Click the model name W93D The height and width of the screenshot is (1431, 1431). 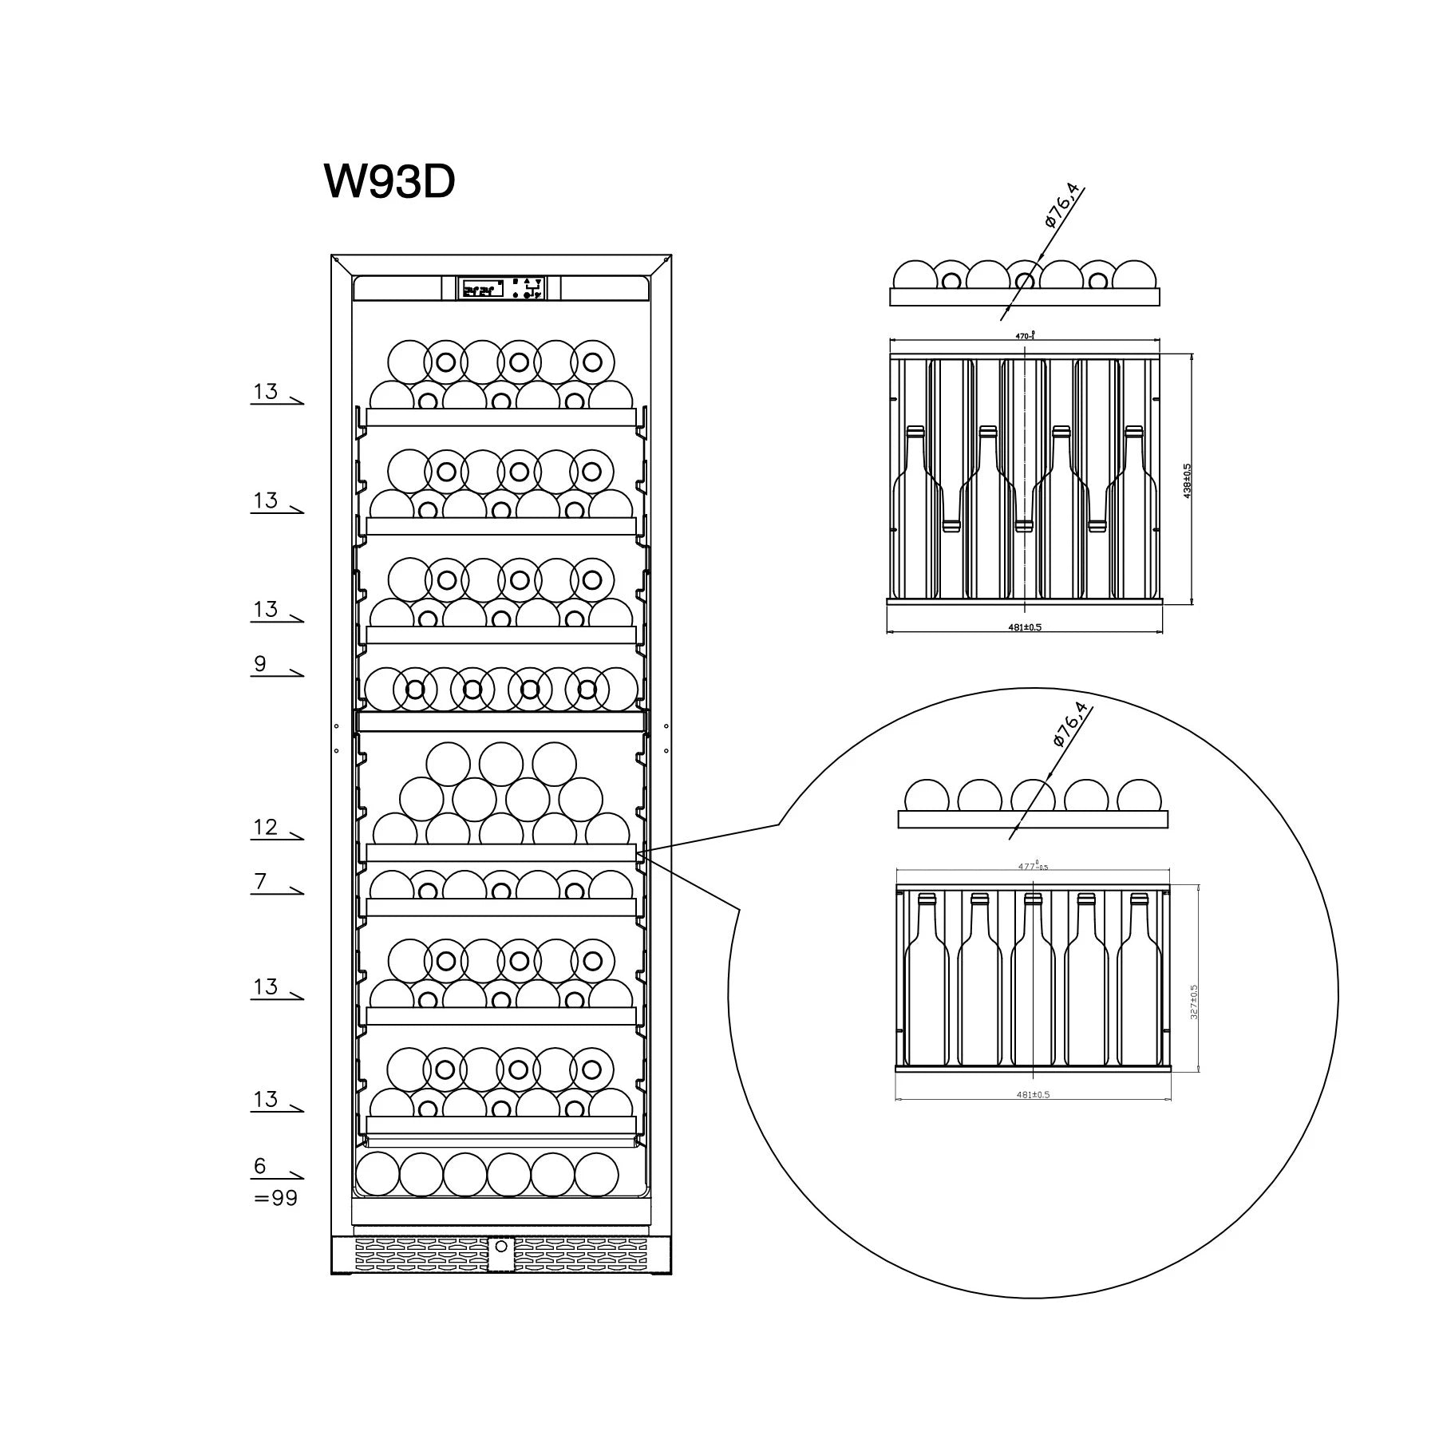tap(389, 182)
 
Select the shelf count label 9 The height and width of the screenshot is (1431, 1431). tap(260, 664)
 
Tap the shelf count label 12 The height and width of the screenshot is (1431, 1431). tap(265, 827)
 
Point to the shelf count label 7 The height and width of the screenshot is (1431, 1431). tap(260, 882)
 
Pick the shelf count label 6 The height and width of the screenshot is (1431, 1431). tap(260, 1166)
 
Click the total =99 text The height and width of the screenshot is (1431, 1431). tap(275, 1198)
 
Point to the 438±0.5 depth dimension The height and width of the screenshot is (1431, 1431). tap(1187, 481)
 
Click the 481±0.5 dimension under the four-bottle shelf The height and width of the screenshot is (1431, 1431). tap(1024, 627)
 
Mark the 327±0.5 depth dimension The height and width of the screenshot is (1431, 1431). tap(1194, 1001)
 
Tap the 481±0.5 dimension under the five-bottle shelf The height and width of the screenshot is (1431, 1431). tap(1033, 1094)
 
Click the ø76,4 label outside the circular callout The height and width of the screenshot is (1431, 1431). tap(1061, 207)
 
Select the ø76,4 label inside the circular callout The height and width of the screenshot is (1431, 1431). tap(1070, 725)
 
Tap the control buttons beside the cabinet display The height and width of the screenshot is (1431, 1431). tap(527, 288)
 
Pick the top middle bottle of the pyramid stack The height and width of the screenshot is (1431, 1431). tap(500, 764)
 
